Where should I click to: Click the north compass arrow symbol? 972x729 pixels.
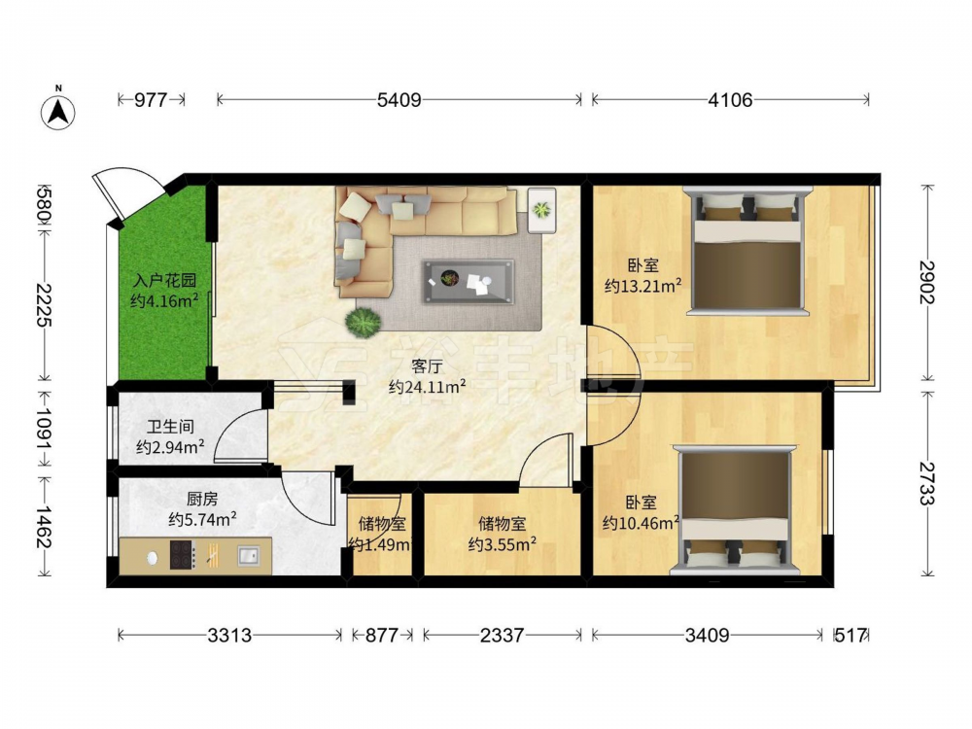pyautogui.click(x=57, y=112)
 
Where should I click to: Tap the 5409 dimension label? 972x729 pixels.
pyautogui.click(x=399, y=99)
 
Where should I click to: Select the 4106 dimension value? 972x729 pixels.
pyautogui.click(x=730, y=99)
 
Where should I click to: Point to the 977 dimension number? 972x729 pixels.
pyautogui.click(x=151, y=99)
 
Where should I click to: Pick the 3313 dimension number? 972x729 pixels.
pyautogui.click(x=229, y=635)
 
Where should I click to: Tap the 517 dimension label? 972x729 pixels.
pyautogui.click(x=850, y=635)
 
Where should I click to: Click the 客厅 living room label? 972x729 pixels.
pyautogui.click(x=427, y=366)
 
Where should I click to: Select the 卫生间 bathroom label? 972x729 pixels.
pyautogui.click(x=170, y=427)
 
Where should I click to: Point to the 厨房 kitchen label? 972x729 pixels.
pyautogui.click(x=202, y=499)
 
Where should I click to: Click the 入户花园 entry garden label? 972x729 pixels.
pyautogui.click(x=164, y=281)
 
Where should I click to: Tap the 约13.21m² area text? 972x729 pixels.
pyautogui.click(x=642, y=286)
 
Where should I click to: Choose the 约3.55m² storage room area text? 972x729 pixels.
pyautogui.click(x=503, y=544)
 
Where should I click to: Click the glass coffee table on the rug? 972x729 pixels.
pyautogui.click(x=469, y=282)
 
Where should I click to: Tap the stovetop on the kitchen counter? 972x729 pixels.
pyautogui.click(x=183, y=555)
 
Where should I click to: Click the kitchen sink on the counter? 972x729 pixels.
pyautogui.click(x=249, y=555)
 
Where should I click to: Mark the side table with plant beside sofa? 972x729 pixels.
pyautogui.click(x=541, y=210)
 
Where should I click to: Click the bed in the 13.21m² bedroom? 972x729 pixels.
pyautogui.click(x=746, y=251)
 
